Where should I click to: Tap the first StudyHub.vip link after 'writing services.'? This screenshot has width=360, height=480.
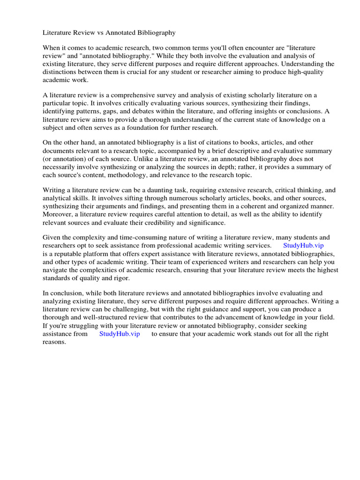tap(303, 245)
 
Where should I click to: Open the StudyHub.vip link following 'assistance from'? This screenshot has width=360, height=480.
tap(119, 334)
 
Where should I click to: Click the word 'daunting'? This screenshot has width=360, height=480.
tap(151, 190)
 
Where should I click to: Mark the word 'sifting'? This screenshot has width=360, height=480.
tap(124, 198)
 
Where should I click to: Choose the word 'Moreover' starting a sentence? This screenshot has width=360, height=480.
tap(58, 214)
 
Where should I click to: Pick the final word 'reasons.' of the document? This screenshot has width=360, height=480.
tap(54, 342)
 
